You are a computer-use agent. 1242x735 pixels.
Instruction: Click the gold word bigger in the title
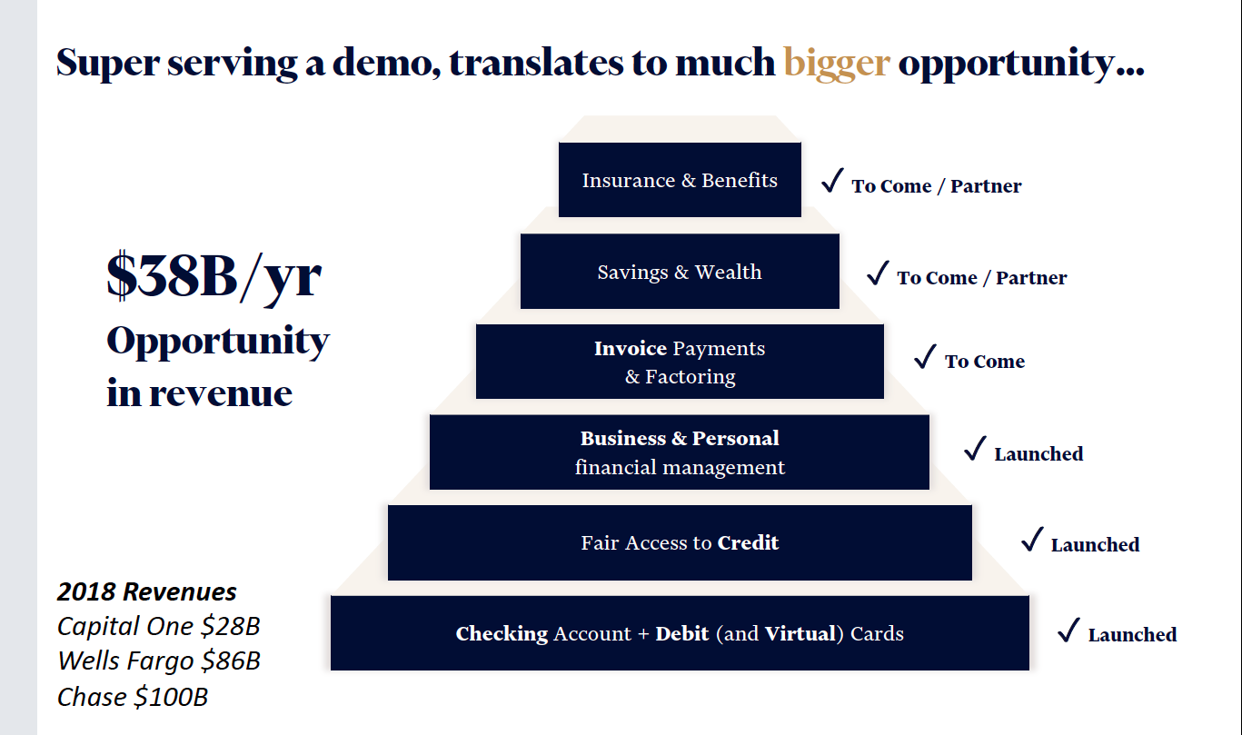click(x=837, y=64)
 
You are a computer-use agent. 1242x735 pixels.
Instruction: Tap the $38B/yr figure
click(x=214, y=276)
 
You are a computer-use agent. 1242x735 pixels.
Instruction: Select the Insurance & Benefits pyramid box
click(x=680, y=180)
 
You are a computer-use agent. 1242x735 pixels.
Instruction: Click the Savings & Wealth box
click(x=680, y=271)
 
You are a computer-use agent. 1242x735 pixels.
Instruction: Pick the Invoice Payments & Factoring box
click(x=680, y=362)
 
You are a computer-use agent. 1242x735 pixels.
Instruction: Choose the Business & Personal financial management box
click(x=680, y=452)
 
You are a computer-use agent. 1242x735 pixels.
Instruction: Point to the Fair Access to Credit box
click(x=680, y=542)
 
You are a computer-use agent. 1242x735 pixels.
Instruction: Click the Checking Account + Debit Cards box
click(x=680, y=633)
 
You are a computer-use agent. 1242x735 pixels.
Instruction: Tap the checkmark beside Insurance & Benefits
click(x=833, y=181)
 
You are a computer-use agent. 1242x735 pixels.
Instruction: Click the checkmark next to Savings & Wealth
click(x=879, y=273)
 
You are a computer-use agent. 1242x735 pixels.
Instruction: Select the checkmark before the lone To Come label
click(x=926, y=356)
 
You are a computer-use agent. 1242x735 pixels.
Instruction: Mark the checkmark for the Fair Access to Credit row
click(x=1032, y=540)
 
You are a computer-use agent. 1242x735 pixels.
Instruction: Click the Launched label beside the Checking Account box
click(x=1132, y=635)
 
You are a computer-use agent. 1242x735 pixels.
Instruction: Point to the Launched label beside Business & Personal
click(x=1038, y=454)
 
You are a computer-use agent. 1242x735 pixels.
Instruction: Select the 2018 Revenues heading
click(x=147, y=592)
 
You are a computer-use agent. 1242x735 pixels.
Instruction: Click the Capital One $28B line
click(x=159, y=626)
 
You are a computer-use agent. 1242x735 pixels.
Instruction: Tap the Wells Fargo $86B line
click(x=159, y=661)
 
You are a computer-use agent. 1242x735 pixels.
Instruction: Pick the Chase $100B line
click(x=133, y=697)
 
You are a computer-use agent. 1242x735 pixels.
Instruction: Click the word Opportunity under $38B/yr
click(x=218, y=342)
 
